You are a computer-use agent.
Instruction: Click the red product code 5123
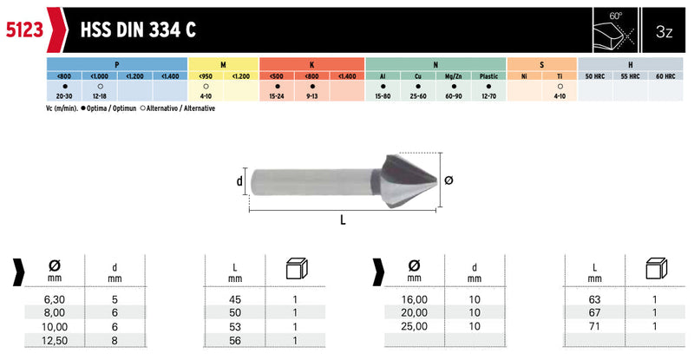[25, 30]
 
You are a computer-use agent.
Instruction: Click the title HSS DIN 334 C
[138, 30]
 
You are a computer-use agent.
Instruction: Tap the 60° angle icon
[615, 30]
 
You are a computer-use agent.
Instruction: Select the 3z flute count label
[664, 31]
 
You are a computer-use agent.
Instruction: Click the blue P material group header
[117, 65]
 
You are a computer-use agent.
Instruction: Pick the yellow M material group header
[223, 65]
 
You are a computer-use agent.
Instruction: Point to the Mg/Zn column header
[453, 76]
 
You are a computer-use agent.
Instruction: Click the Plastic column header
[488, 76]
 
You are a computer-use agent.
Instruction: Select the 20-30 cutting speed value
[64, 96]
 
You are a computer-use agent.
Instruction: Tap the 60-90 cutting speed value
[453, 96]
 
